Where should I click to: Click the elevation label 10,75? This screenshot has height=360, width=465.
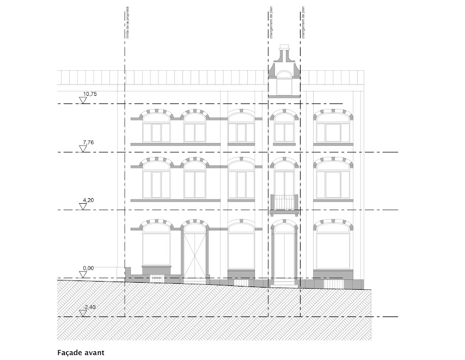89,94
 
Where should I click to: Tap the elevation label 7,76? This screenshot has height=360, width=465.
88,143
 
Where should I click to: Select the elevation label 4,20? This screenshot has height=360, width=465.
88,201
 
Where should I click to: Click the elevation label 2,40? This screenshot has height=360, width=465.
89,308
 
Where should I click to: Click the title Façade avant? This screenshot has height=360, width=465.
81,352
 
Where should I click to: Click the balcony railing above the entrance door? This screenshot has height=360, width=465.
284,202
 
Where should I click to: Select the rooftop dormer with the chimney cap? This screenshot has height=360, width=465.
284,71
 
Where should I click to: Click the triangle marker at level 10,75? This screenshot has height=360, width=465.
83,101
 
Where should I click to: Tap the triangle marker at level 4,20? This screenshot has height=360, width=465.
83,207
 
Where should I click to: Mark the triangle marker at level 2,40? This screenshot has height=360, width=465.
83,313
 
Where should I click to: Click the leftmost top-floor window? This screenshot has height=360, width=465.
157,131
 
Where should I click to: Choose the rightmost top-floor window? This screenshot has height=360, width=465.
333,131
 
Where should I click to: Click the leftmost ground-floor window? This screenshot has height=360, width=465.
157,248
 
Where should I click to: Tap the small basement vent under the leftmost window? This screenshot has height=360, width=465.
157,279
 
